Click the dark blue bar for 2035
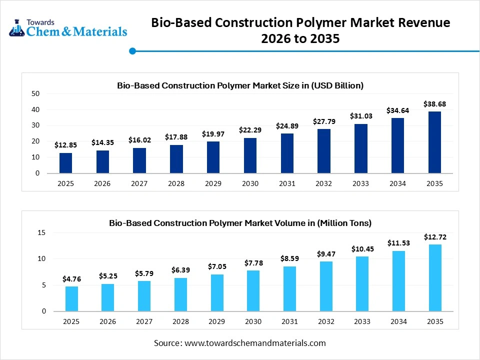pyautogui.click(x=434, y=142)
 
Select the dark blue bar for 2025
pyautogui.click(x=65, y=163)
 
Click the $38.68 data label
pyautogui.click(x=434, y=104)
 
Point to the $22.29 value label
pyautogui.click(x=250, y=130)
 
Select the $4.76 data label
pyautogui.click(x=71, y=278)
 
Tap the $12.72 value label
pyautogui.click(x=434, y=237)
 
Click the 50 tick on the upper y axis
pyautogui.click(x=35, y=93)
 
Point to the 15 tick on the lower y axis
pyautogui.click(x=41, y=233)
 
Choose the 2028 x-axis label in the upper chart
pyautogui.click(x=176, y=183)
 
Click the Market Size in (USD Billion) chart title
pyautogui.click(x=240, y=85)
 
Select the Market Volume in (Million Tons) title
pyautogui.click(x=240, y=222)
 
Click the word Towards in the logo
pyautogui.click(x=40, y=22)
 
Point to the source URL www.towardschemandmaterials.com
pyautogui.click(x=255, y=343)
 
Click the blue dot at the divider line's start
pyautogui.click(x=132, y=51)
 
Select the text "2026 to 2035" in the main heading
pyautogui.click(x=300, y=38)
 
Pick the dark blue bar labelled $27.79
pyautogui.click(x=324, y=151)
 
